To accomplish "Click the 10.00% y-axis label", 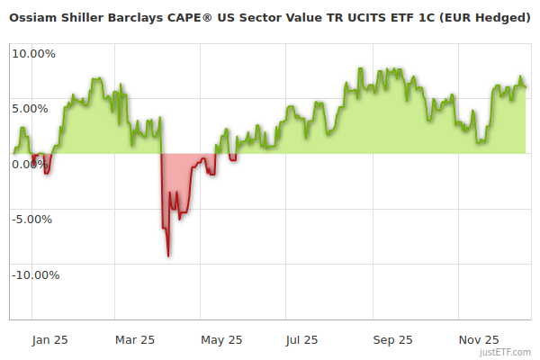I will click(x=33, y=54).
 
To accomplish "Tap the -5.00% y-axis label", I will click(x=34, y=220).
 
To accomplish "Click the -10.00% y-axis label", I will click(x=34, y=275).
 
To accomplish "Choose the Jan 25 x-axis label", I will click(x=49, y=340).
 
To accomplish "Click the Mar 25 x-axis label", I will click(x=136, y=340).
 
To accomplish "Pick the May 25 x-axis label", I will click(x=221, y=340).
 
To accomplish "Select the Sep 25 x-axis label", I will click(x=392, y=340).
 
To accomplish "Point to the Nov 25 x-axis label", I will click(x=478, y=340).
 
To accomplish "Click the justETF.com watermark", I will click(x=506, y=353).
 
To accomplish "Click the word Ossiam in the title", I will click(x=34, y=17).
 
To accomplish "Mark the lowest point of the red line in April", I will click(x=168, y=256).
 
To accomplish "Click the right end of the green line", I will click(x=526, y=87).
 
